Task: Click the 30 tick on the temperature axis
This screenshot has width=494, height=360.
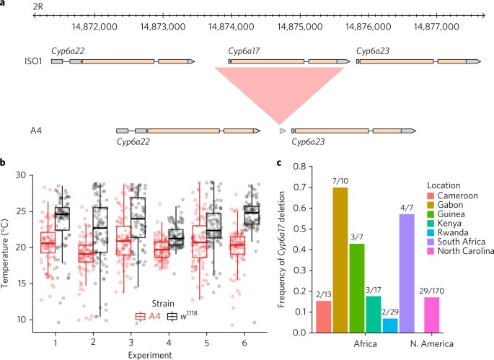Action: tap(27, 175)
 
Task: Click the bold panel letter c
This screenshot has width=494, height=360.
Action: tap(280, 164)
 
